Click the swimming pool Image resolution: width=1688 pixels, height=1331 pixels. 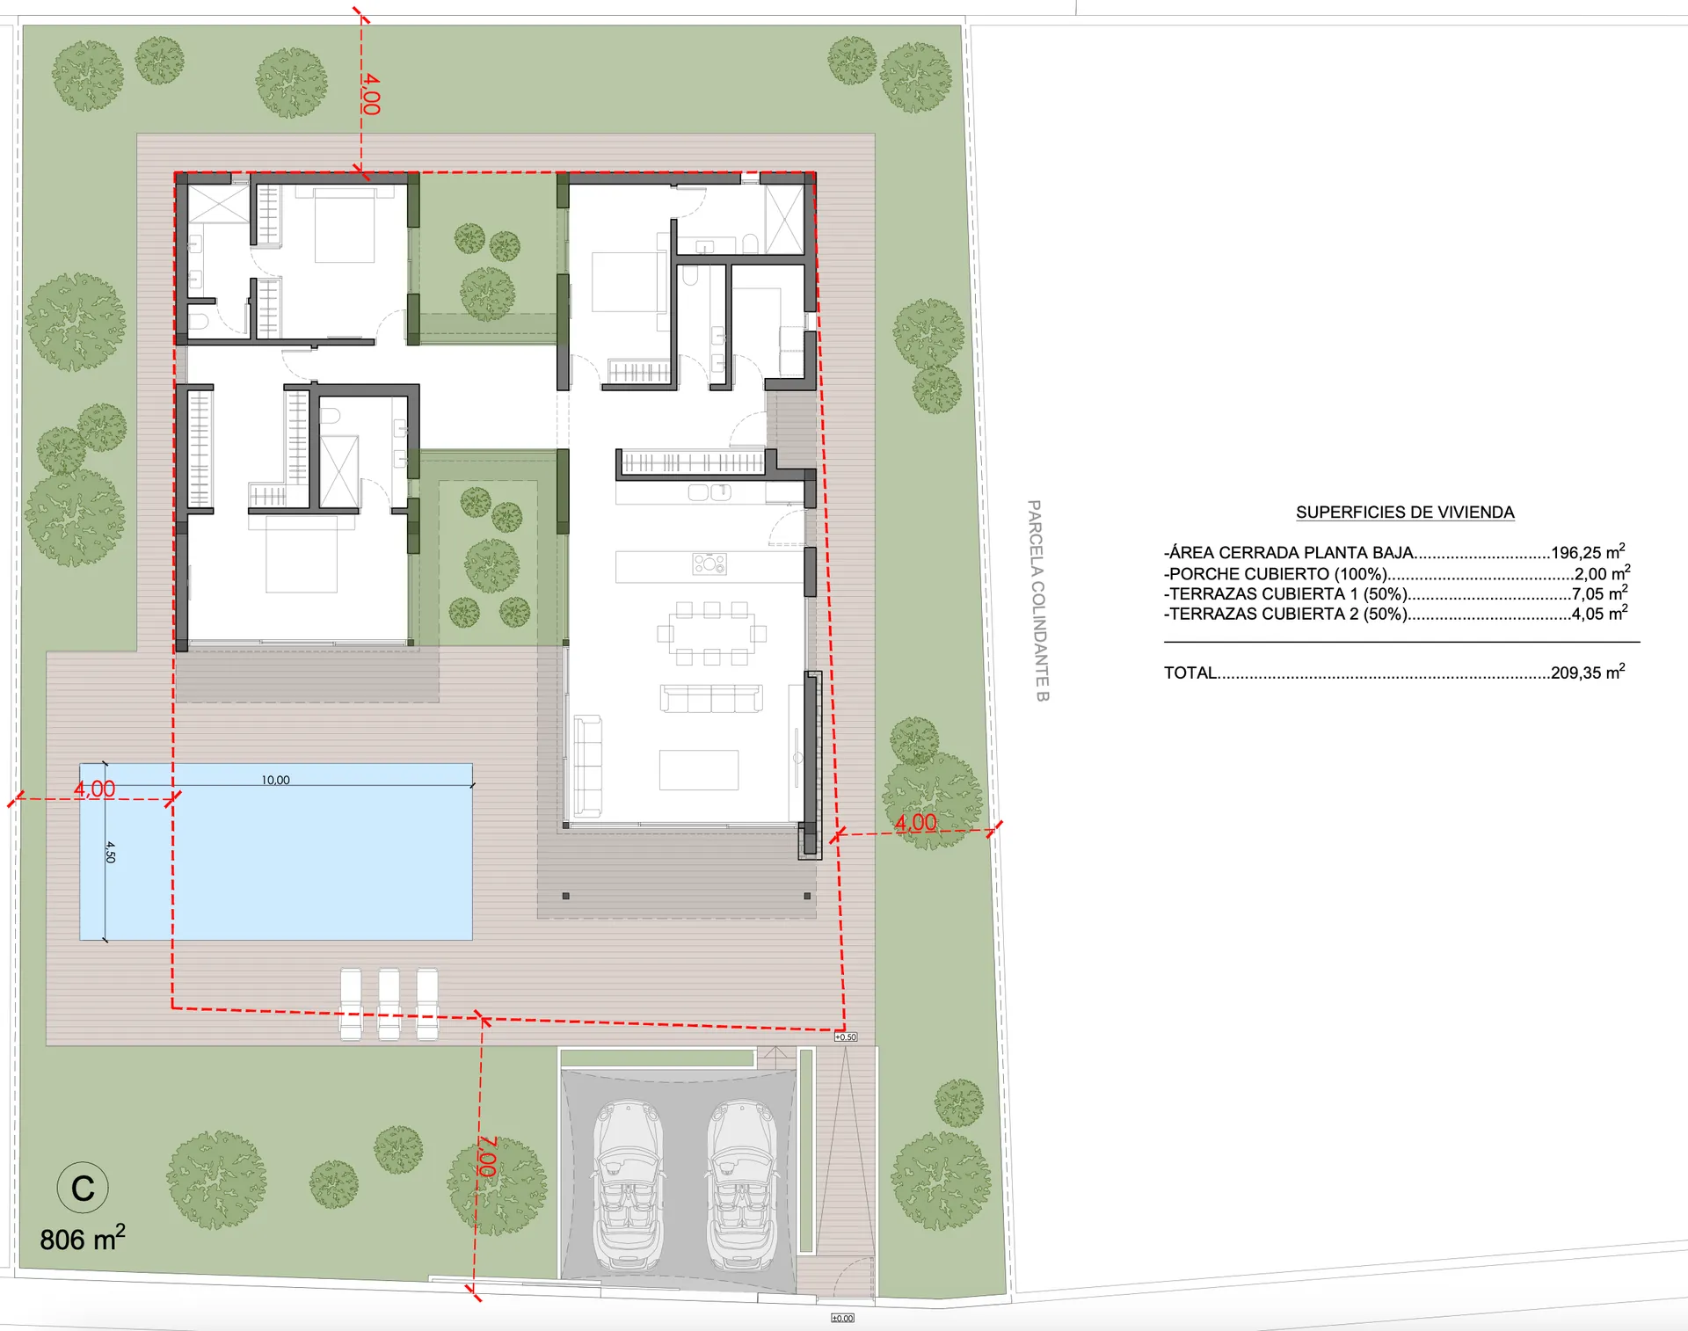pyautogui.click(x=276, y=852)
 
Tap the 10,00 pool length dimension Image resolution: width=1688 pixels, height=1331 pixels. pyautogui.click(x=275, y=780)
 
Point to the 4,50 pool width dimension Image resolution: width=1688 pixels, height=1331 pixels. pyautogui.click(x=110, y=852)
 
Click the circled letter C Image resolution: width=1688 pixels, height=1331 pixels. pyautogui.click(x=83, y=1188)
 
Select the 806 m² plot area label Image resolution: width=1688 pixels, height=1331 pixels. pyautogui.click(x=83, y=1238)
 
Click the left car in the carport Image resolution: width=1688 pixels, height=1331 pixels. pyautogui.click(x=629, y=1187)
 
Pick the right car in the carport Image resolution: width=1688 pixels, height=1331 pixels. pyautogui.click(x=742, y=1187)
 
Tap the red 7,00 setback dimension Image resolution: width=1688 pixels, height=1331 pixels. pyautogui.click(x=486, y=1157)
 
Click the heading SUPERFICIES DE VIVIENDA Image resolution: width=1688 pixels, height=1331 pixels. pyautogui.click(x=1405, y=513)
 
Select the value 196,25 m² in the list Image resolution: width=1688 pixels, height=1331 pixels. pyautogui.click(x=1588, y=552)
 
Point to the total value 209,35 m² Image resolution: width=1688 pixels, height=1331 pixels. pyautogui.click(x=1588, y=673)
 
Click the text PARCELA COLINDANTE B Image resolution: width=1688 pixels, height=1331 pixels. pyautogui.click(x=1037, y=600)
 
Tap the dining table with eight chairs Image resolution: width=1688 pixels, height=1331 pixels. pyautogui.click(x=711, y=633)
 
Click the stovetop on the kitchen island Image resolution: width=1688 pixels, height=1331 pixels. pyautogui.click(x=709, y=564)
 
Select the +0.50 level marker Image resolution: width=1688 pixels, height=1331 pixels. pyautogui.click(x=846, y=1037)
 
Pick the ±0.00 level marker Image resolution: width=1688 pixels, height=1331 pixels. pyautogui.click(x=842, y=1318)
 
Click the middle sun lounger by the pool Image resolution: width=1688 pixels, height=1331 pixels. pyautogui.click(x=389, y=1004)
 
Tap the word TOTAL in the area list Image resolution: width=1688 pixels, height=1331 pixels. pyautogui.click(x=1190, y=673)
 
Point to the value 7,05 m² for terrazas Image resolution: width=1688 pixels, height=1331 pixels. pyautogui.click(x=1599, y=593)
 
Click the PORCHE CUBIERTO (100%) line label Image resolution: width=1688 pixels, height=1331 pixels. pyautogui.click(x=1276, y=574)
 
